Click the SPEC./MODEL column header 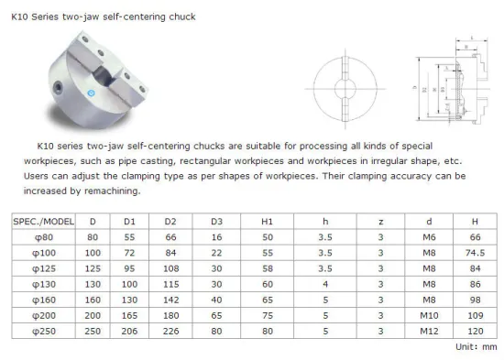44,222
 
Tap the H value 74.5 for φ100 475,252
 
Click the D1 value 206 129,329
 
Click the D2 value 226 171,329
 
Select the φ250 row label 44,329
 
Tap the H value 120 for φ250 475,329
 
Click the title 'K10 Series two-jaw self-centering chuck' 103,16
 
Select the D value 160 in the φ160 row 92,299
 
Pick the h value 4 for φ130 324,284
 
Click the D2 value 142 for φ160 171,299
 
